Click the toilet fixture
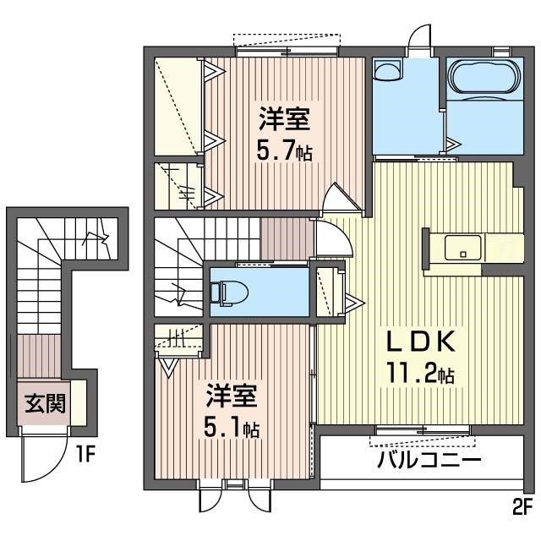(229, 293)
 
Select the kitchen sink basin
(463, 248)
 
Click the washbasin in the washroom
(388, 70)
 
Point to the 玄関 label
(45, 403)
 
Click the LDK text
(420, 342)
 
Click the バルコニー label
(429, 459)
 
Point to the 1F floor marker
(85, 454)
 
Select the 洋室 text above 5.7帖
(284, 119)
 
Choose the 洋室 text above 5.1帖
(232, 396)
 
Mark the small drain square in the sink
(463, 254)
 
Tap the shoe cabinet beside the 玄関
(79, 402)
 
